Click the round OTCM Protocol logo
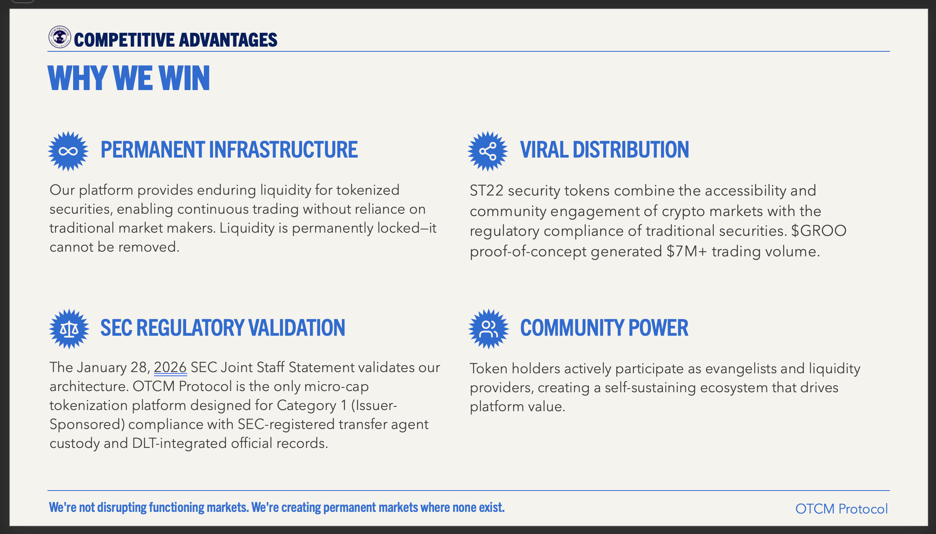[60, 37]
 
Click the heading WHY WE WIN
[129, 78]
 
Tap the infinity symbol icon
[68, 151]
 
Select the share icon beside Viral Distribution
[488, 151]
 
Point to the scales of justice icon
[69, 329]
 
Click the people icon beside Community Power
[489, 329]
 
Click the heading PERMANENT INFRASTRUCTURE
[229, 150]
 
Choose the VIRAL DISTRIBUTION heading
[604, 150]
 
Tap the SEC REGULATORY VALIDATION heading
[223, 328]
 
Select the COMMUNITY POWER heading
[604, 328]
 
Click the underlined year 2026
[170, 367]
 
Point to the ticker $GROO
[819, 231]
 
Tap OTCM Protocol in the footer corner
[842, 509]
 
